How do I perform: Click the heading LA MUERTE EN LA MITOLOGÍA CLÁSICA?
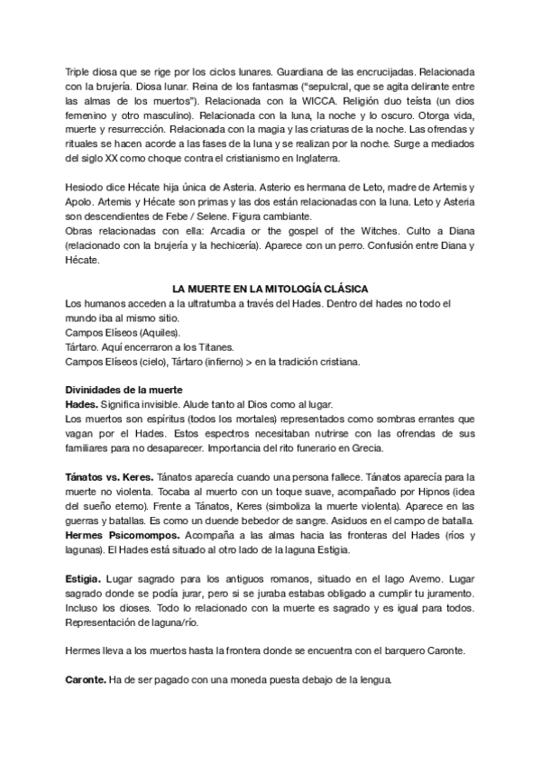coord(270,288)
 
